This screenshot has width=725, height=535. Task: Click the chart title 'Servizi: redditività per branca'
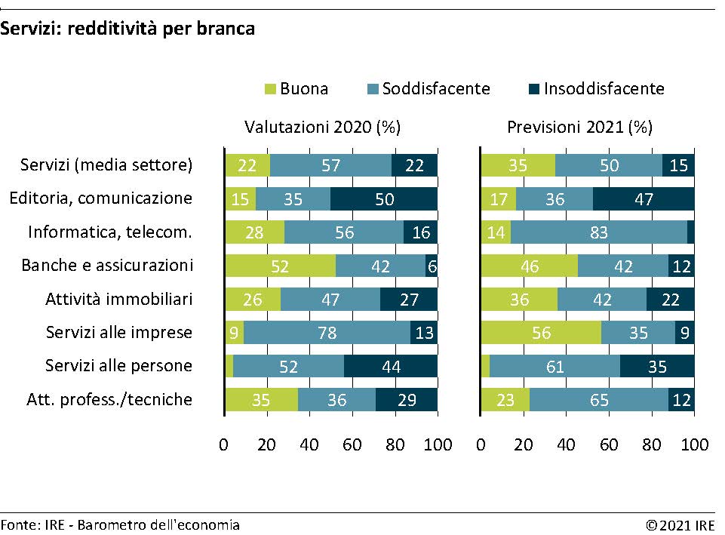click(x=127, y=29)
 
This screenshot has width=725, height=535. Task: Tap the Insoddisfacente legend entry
click(x=604, y=89)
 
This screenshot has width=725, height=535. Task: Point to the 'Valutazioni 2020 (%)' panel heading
click(x=322, y=128)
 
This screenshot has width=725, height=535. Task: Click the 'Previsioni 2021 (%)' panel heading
click(x=579, y=128)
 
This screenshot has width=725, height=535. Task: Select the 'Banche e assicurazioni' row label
click(x=107, y=266)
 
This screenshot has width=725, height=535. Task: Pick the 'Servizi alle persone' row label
click(x=119, y=366)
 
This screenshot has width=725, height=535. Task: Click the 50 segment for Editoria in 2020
click(x=384, y=199)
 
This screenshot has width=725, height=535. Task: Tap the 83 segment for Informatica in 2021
click(x=599, y=232)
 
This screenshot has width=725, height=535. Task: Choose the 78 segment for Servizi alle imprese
click(x=327, y=333)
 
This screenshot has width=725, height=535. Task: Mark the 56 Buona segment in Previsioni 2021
click(x=542, y=333)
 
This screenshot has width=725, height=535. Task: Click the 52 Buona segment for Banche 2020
click(x=281, y=266)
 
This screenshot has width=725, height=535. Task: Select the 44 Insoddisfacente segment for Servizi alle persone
click(x=391, y=366)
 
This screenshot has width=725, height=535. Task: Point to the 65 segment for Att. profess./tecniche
click(x=599, y=400)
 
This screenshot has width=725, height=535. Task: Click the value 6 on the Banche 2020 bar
click(x=432, y=266)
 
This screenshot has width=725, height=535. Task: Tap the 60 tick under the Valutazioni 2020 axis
click(x=353, y=445)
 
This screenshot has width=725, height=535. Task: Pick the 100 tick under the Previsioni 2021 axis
click(x=694, y=445)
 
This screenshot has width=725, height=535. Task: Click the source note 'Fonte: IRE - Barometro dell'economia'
click(x=120, y=524)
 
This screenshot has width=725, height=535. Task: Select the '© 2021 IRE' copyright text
click(x=680, y=524)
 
